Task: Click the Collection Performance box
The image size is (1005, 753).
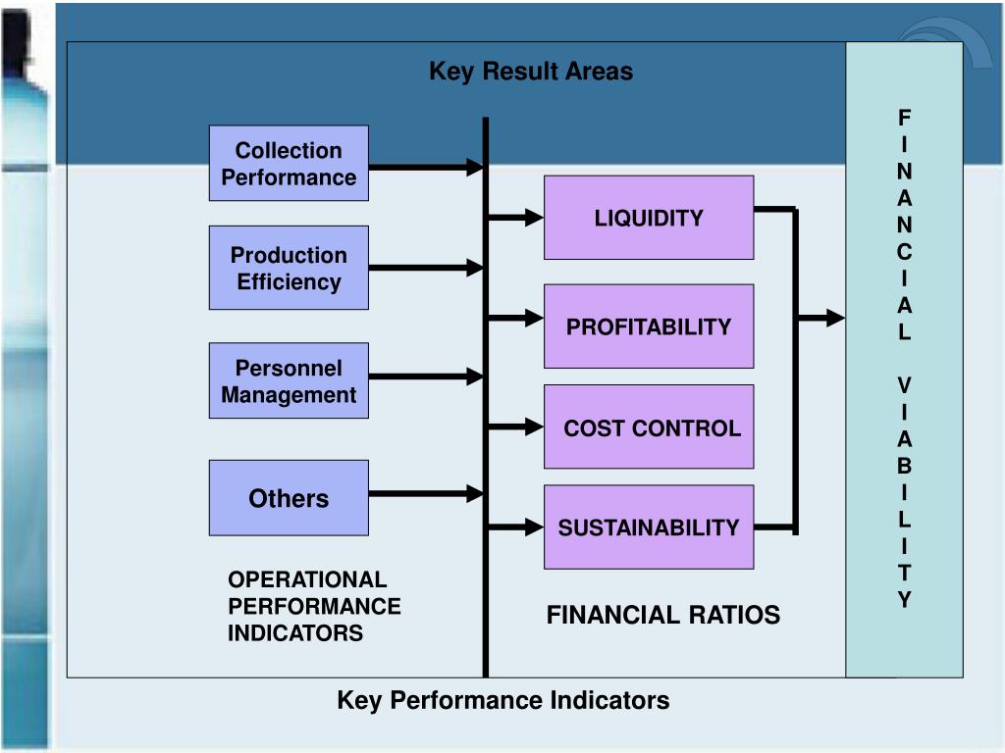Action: [289, 164]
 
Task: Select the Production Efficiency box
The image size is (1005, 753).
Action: [289, 268]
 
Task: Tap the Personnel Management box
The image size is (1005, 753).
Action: [289, 381]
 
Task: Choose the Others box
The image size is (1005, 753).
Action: [289, 498]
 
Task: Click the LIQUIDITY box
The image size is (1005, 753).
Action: [649, 218]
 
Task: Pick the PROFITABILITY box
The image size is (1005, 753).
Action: [649, 326]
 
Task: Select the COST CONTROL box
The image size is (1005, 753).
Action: [649, 427]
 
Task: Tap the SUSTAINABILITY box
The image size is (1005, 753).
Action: [649, 527]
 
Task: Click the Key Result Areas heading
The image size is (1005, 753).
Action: [531, 72]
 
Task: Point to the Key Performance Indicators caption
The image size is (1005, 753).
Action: [503, 700]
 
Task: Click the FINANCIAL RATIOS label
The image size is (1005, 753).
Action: [663, 616]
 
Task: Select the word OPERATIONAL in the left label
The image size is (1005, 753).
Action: [307, 580]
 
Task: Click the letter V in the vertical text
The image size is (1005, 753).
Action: [905, 385]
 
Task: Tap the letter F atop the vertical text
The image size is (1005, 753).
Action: [905, 119]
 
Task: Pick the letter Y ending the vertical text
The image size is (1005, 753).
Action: [905, 600]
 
